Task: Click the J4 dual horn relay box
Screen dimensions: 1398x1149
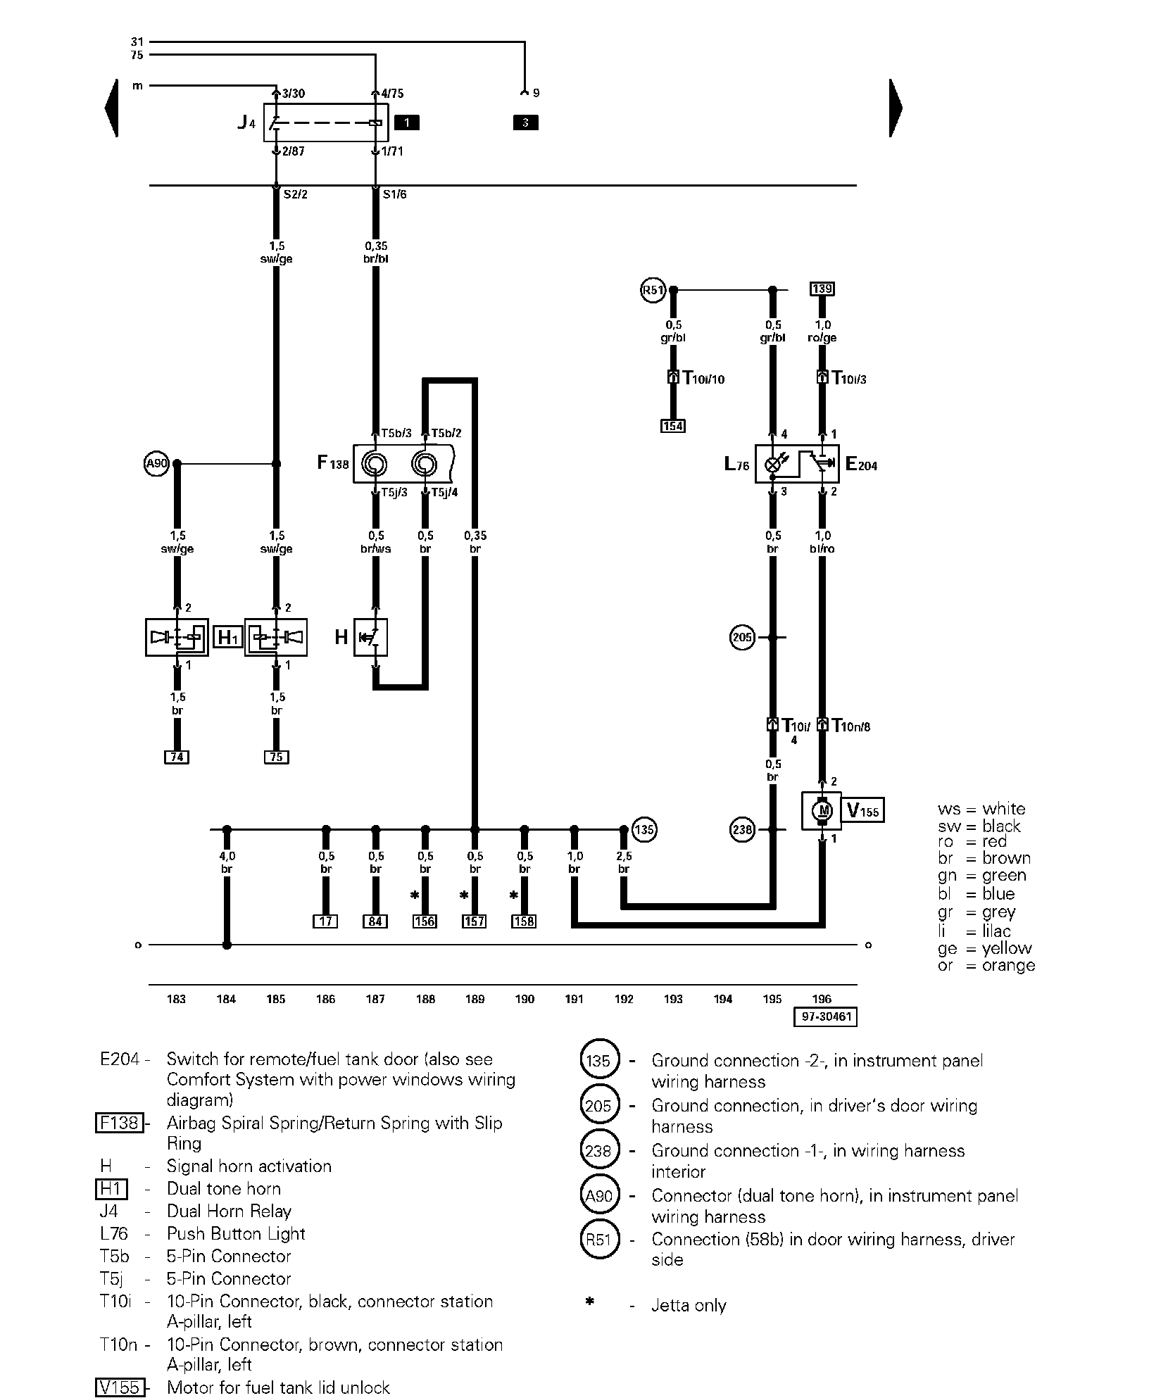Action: point(325,122)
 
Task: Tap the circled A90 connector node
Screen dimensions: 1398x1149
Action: point(156,464)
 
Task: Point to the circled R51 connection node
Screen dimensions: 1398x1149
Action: point(652,290)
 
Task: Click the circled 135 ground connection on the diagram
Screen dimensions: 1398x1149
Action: point(644,829)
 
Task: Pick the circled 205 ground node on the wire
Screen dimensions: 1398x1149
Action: point(742,638)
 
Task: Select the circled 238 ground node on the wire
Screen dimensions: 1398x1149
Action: point(742,830)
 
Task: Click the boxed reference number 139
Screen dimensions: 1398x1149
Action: point(822,289)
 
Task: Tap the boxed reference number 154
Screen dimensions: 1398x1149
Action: point(673,426)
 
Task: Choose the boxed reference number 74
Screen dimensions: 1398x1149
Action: point(177,757)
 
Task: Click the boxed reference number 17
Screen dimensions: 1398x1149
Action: point(325,921)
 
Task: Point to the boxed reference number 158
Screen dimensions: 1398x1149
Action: point(524,921)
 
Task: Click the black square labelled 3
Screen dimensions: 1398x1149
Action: point(525,123)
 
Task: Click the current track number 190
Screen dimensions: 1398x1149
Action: point(525,999)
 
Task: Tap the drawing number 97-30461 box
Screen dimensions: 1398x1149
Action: point(825,1017)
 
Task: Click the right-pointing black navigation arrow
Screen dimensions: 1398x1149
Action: point(895,108)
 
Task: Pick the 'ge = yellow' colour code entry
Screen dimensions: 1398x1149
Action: point(984,948)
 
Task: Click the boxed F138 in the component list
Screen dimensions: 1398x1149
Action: point(119,1122)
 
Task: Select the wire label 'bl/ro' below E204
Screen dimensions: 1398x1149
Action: point(822,549)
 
